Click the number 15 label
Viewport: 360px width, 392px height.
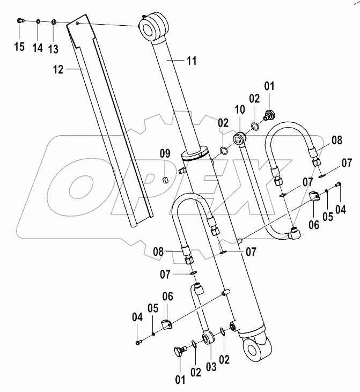pyautogui.click(x=19, y=47)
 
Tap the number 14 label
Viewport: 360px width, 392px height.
pyautogui.click(x=37, y=47)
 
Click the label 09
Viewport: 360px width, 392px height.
pyautogui.click(x=166, y=154)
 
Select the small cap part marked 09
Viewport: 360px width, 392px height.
pyautogui.click(x=166, y=179)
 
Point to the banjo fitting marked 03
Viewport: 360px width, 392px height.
pyautogui.click(x=208, y=338)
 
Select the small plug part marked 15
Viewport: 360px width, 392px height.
pyautogui.click(x=20, y=21)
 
